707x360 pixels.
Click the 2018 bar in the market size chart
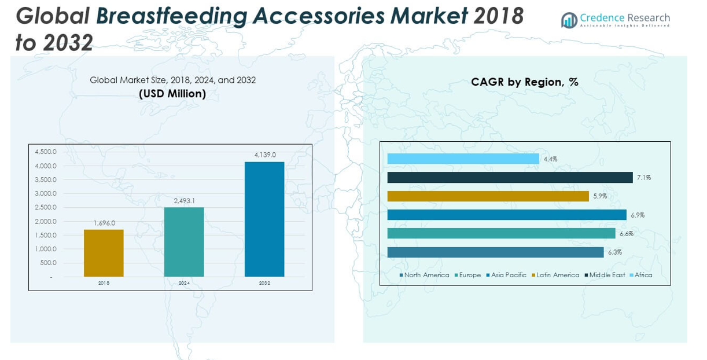click(x=104, y=253)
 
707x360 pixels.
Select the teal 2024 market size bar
click(x=184, y=242)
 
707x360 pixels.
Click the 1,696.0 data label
click(x=104, y=223)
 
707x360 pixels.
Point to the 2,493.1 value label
click(x=185, y=201)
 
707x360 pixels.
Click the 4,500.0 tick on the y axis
click(x=46, y=152)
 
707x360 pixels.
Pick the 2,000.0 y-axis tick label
click(x=46, y=222)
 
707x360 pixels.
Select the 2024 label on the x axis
click(x=184, y=283)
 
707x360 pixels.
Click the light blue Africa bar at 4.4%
click(x=463, y=159)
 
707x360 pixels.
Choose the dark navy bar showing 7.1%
click(x=510, y=178)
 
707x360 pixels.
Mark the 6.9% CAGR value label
click(x=638, y=215)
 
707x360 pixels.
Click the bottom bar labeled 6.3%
click(x=495, y=252)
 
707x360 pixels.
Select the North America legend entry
click(x=426, y=275)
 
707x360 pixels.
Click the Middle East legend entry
click(x=606, y=275)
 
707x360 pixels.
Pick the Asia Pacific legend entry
click(x=508, y=275)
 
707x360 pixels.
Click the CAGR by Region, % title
click(x=525, y=82)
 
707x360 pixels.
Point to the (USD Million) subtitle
click(x=172, y=93)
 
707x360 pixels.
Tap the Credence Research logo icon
click(x=569, y=20)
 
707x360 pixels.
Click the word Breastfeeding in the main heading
click(x=171, y=16)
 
